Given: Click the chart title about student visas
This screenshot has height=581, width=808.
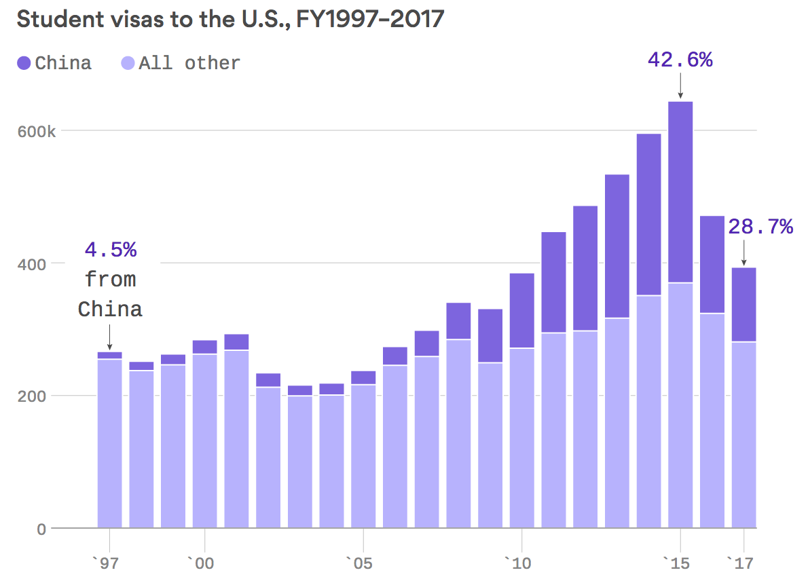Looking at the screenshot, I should click(230, 19).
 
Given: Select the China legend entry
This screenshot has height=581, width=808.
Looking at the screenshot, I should click(54, 63).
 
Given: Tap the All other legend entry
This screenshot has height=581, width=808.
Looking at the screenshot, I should click(181, 63).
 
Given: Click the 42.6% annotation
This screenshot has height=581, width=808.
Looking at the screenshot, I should click(680, 60).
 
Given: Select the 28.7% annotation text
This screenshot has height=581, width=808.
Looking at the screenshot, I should click(760, 227).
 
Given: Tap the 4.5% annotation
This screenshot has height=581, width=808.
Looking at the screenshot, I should click(111, 250).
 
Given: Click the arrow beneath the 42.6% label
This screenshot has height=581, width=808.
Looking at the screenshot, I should click(680, 88).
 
